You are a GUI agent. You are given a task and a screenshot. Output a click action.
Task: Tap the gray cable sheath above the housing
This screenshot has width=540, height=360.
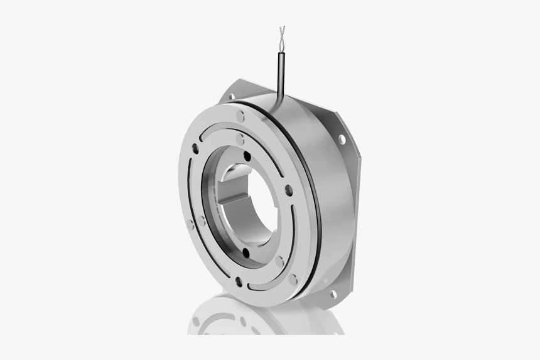(278, 72)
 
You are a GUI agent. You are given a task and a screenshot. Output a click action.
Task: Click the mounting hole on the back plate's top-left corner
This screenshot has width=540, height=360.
(232, 97)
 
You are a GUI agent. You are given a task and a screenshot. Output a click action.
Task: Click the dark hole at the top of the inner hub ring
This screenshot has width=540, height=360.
(247, 155)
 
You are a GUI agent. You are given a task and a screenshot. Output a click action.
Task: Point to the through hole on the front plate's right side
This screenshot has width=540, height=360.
(288, 190)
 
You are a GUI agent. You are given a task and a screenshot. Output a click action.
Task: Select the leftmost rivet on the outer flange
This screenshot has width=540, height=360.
(190, 224)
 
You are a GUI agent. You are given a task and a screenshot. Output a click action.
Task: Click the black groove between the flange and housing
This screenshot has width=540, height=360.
(312, 188)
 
